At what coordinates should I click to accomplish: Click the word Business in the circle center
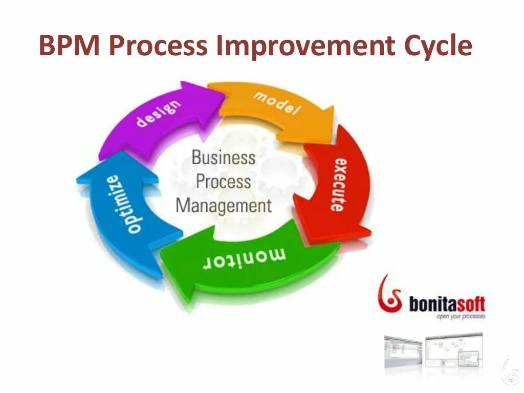(x=223, y=157)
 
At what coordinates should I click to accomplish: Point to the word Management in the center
(x=223, y=206)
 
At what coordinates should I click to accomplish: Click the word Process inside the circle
(x=223, y=182)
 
